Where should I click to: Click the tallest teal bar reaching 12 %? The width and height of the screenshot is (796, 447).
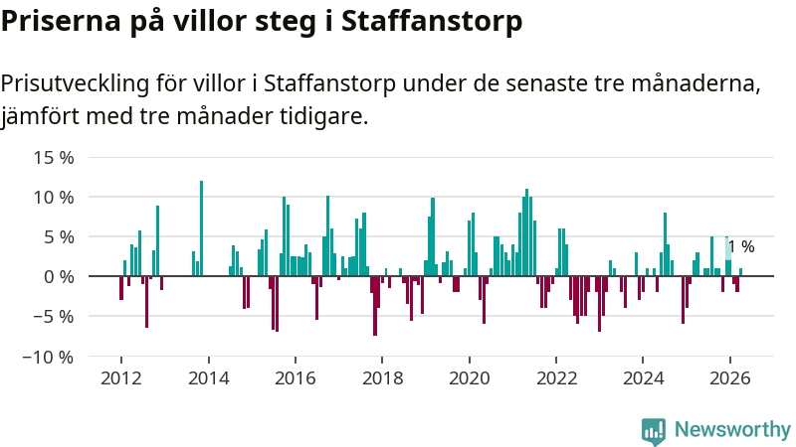(x=202, y=228)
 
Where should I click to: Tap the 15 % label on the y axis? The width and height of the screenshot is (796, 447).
(x=54, y=158)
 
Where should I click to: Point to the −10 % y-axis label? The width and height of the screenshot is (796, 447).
(x=48, y=358)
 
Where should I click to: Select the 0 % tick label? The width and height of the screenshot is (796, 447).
(x=59, y=277)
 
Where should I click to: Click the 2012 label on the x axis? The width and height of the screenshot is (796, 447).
(x=121, y=378)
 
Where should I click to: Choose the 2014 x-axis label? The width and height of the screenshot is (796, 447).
(x=209, y=378)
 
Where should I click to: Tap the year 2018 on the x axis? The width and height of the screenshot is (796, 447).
(x=383, y=378)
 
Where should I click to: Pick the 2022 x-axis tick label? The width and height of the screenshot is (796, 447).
(x=557, y=378)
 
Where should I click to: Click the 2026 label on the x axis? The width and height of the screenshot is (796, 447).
(x=730, y=378)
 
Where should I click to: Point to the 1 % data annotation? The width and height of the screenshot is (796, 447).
(x=741, y=246)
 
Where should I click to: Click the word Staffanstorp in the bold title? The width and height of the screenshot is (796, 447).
(x=432, y=22)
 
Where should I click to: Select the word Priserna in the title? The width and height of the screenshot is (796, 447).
(x=61, y=22)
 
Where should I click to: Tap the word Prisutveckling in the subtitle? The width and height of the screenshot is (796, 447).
(x=76, y=84)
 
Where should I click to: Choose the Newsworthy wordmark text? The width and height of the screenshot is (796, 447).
(x=732, y=430)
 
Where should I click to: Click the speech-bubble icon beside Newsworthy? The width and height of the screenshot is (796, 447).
(x=654, y=431)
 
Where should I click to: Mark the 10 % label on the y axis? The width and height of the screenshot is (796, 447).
(x=54, y=198)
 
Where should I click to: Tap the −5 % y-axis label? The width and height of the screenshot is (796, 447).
(x=54, y=317)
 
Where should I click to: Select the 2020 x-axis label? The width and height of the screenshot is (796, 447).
(x=470, y=378)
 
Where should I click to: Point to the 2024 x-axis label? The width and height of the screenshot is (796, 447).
(x=643, y=378)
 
